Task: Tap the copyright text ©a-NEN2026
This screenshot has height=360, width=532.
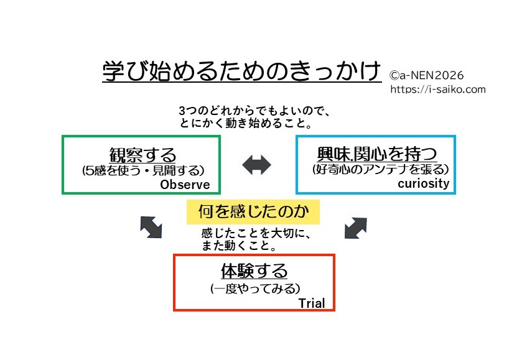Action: pyautogui.click(x=427, y=75)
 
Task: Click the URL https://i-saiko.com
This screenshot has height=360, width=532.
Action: pyautogui.click(x=438, y=90)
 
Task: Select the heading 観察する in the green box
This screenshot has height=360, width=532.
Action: pyautogui.click(x=142, y=155)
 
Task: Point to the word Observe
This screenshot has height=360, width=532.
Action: pyautogui.click(x=185, y=185)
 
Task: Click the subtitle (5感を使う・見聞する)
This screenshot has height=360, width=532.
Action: pyautogui.click(x=143, y=169)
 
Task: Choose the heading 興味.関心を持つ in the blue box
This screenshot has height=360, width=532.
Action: pyautogui.click(x=376, y=154)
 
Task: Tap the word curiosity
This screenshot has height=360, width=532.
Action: pyautogui.click(x=423, y=184)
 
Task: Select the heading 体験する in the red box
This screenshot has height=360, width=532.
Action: pyautogui.click(x=254, y=271)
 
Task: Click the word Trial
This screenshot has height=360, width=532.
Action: pyautogui.click(x=312, y=303)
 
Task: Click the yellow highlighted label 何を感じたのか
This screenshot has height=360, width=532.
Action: pyautogui.click(x=253, y=212)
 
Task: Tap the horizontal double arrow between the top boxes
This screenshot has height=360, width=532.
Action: pyautogui.click(x=256, y=165)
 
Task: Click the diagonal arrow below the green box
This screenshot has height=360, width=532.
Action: pyautogui.click(x=151, y=227)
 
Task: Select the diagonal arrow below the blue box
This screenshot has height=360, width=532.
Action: pyautogui.click(x=355, y=227)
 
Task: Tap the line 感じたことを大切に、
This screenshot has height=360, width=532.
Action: pyautogui.click(x=255, y=234)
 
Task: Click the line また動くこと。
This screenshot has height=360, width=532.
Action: pyautogui.click(x=239, y=246)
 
